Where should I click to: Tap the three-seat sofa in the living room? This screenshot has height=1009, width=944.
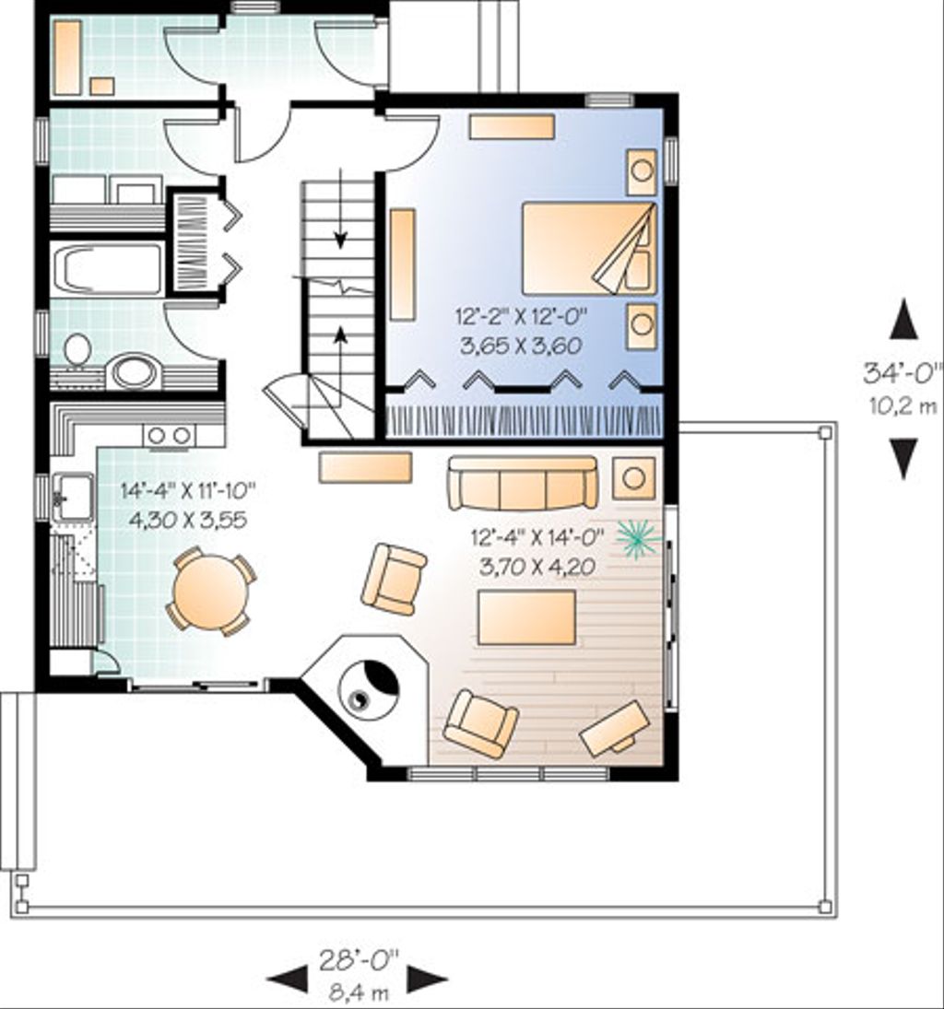click(523, 483)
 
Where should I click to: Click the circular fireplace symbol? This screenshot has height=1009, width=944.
click(369, 686)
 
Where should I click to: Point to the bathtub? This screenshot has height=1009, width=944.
click(107, 269)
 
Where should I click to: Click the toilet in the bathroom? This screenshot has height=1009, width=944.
click(78, 350)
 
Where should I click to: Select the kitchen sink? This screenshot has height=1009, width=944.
click(73, 497)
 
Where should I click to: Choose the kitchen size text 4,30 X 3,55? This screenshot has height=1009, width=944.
click(188, 519)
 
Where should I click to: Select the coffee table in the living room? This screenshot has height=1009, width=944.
click(526, 617)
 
